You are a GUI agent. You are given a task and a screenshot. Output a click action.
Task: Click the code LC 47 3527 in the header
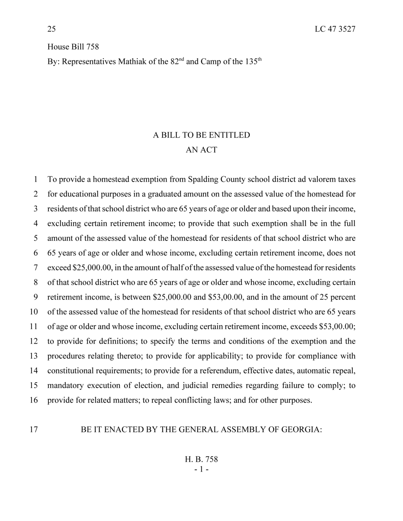click(335, 29)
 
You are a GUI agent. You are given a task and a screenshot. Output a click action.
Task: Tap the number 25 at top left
click(52, 29)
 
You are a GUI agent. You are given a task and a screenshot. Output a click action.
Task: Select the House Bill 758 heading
click(73, 47)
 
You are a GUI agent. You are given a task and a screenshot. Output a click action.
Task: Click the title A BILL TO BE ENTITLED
click(201, 135)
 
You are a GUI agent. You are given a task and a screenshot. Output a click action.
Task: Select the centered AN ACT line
click(201, 150)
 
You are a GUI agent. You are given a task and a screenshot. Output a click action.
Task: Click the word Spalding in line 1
click(203, 179)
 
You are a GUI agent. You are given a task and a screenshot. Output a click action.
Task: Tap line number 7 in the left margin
click(35, 268)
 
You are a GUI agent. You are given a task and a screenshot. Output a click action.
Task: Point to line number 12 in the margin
click(34, 341)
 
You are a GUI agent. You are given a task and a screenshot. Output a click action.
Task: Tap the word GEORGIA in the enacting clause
click(302, 429)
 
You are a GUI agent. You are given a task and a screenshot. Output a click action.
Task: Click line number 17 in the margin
click(34, 429)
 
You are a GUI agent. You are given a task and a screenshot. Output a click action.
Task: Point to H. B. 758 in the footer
click(201, 459)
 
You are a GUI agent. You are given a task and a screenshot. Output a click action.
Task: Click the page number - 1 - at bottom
click(201, 469)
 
